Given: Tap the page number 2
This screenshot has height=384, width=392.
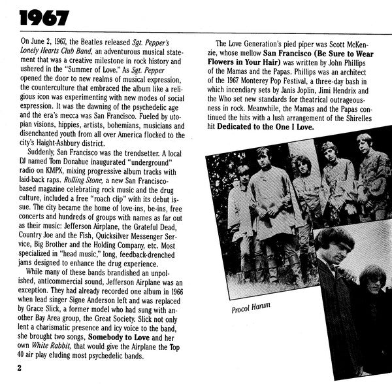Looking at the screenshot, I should [20, 369].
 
